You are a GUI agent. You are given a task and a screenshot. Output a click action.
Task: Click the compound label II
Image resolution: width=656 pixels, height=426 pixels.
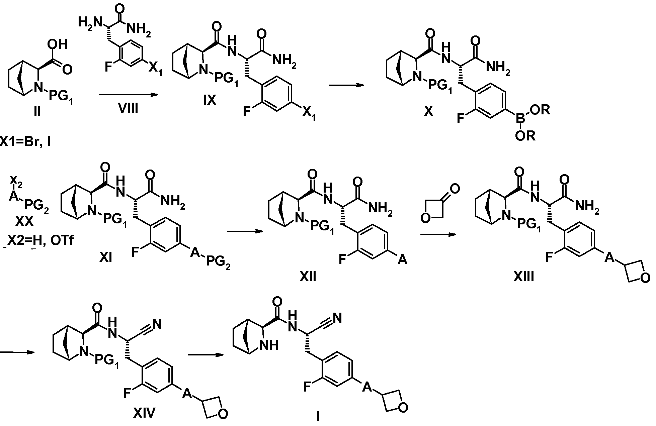[37, 111]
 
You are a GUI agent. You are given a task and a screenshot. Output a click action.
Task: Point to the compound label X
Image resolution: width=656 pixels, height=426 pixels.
[428, 111]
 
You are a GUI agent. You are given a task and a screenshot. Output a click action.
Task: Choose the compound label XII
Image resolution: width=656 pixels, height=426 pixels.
[308, 277]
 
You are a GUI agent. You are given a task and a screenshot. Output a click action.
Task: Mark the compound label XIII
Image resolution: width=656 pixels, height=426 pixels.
[524, 277]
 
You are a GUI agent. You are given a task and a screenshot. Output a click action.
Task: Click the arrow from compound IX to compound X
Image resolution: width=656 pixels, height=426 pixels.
[346, 85]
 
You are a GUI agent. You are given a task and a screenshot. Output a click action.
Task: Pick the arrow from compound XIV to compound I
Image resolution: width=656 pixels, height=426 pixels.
[206, 355]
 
